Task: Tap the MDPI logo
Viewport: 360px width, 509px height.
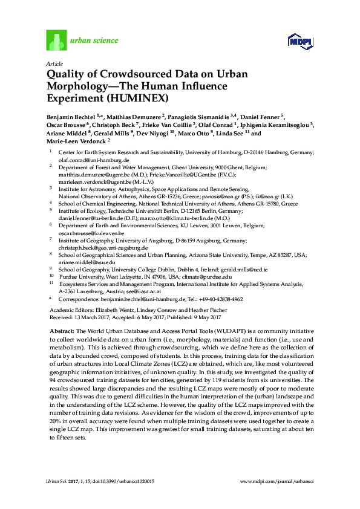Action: [299, 41]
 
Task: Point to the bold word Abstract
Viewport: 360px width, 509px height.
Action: [60, 332]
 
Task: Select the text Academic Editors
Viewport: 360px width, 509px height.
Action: [66, 310]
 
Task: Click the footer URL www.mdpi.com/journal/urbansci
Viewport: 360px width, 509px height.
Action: [276, 481]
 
